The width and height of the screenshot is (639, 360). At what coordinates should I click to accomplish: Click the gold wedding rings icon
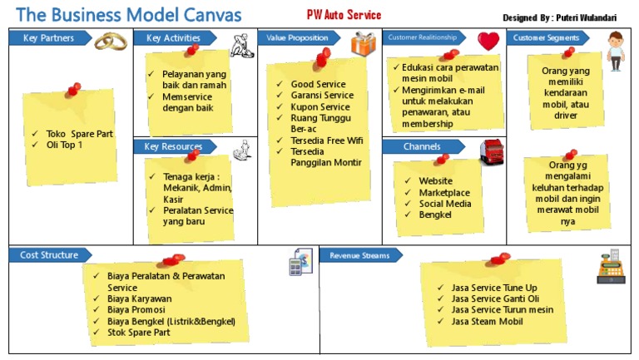click(x=111, y=41)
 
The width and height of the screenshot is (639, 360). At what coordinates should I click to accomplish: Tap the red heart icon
click(x=488, y=41)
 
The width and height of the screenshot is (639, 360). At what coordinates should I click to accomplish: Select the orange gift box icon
click(x=363, y=44)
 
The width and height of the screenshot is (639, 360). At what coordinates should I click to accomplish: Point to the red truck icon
click(x=492, y=152)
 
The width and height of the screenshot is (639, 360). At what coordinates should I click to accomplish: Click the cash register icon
click(x=611, y=267)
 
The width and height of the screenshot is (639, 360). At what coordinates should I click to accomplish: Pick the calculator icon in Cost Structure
click(x=300, y=262)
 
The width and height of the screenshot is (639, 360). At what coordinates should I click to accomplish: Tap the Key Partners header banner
click(x=50, y=38)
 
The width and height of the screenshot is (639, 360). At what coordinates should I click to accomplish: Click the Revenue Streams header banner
click(x=360, y=255)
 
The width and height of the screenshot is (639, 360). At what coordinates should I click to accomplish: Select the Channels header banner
click(x=424, y=146)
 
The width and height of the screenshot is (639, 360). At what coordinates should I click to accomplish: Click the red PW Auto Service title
click(x=344, y=15)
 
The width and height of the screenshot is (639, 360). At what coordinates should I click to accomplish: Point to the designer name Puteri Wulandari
click(x=586, y=17)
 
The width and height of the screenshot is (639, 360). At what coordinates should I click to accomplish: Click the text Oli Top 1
click(x=64, y=145)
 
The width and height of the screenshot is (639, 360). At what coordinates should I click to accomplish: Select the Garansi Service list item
click(x=322, y=96)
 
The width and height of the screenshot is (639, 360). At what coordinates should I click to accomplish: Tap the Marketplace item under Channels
click(x=444, y=193)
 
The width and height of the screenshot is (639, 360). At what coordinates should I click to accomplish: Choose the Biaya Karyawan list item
click(x=140, y=298)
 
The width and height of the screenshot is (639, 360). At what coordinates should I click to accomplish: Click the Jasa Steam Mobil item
click(x=487, y=321)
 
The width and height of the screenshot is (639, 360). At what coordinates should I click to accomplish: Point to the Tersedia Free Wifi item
click(x=326, y=141)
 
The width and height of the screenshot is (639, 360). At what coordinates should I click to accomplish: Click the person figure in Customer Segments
click(x=616, y=52)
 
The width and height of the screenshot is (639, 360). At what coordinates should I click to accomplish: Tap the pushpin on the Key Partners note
click(x=73, y=90)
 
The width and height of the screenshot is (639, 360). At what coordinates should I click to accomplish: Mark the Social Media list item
click(x=445, y=204)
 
